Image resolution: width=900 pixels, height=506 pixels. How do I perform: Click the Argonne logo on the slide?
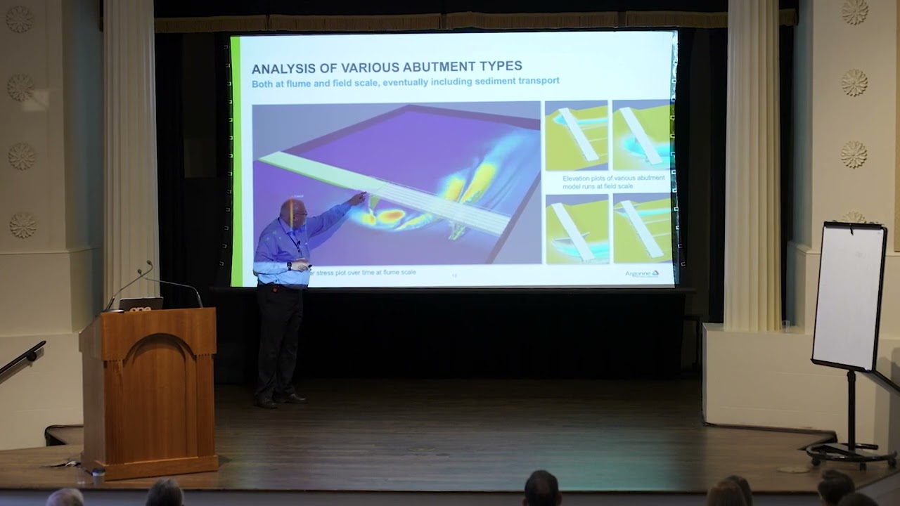[x=642, y=273]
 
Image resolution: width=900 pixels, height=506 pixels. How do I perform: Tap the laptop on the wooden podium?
[x=141, y=304]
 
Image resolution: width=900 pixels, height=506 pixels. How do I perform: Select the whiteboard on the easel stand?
[x=849, y=295]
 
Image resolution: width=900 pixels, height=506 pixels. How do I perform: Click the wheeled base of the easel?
[x=851, y=453]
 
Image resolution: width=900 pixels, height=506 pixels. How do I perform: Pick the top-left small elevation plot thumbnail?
[x=576, y=136]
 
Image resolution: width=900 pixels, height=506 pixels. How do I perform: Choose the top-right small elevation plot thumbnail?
[x=641, y=134]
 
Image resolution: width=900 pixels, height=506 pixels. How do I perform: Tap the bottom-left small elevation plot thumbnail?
[x=576, y=229]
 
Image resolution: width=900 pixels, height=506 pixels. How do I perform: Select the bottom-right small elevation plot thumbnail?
[x=641, y=229]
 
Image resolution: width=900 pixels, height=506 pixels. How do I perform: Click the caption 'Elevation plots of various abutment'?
[x=613, y=179]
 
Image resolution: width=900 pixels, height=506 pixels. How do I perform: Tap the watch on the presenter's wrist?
[x=289, y=266]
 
